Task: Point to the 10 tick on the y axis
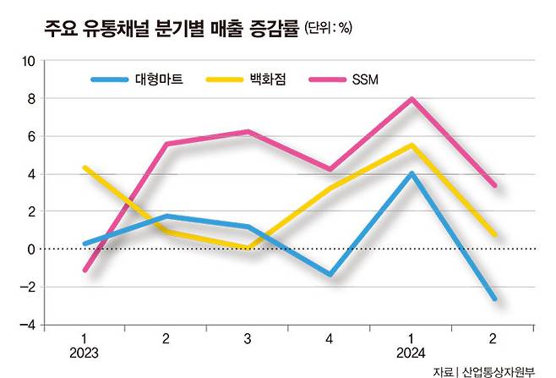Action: [28, 62]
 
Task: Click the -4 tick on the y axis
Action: [28, 325]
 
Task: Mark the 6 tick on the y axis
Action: [30, 137]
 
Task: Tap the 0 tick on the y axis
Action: [30, 249]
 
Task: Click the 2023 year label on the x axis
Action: [84, 352]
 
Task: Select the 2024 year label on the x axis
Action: [412, 352]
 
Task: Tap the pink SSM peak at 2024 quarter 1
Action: [412, 99]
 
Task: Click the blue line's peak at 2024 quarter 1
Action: [412, 173]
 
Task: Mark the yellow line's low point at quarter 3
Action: [248, 247]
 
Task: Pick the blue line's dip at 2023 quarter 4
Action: [330, 275]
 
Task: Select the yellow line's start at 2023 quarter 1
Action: [85, 167]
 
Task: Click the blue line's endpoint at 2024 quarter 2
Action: [493, 299]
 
